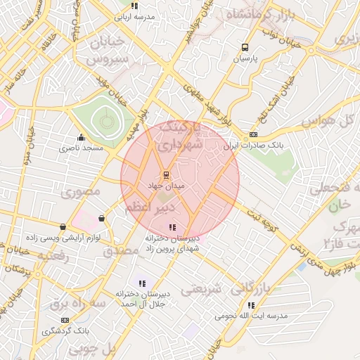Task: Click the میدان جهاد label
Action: [166, 186]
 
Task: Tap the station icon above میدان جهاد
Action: [166, 174]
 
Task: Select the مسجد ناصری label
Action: [81, 148]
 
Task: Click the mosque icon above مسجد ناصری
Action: [81, 137]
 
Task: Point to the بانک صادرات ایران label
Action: [253, 146]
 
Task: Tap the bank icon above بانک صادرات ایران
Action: [253, 134]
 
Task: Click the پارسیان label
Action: [245, 59]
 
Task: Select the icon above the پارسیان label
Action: [245, 48]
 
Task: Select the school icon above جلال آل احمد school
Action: [142, 283]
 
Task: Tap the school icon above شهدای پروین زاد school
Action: [173, 226]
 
